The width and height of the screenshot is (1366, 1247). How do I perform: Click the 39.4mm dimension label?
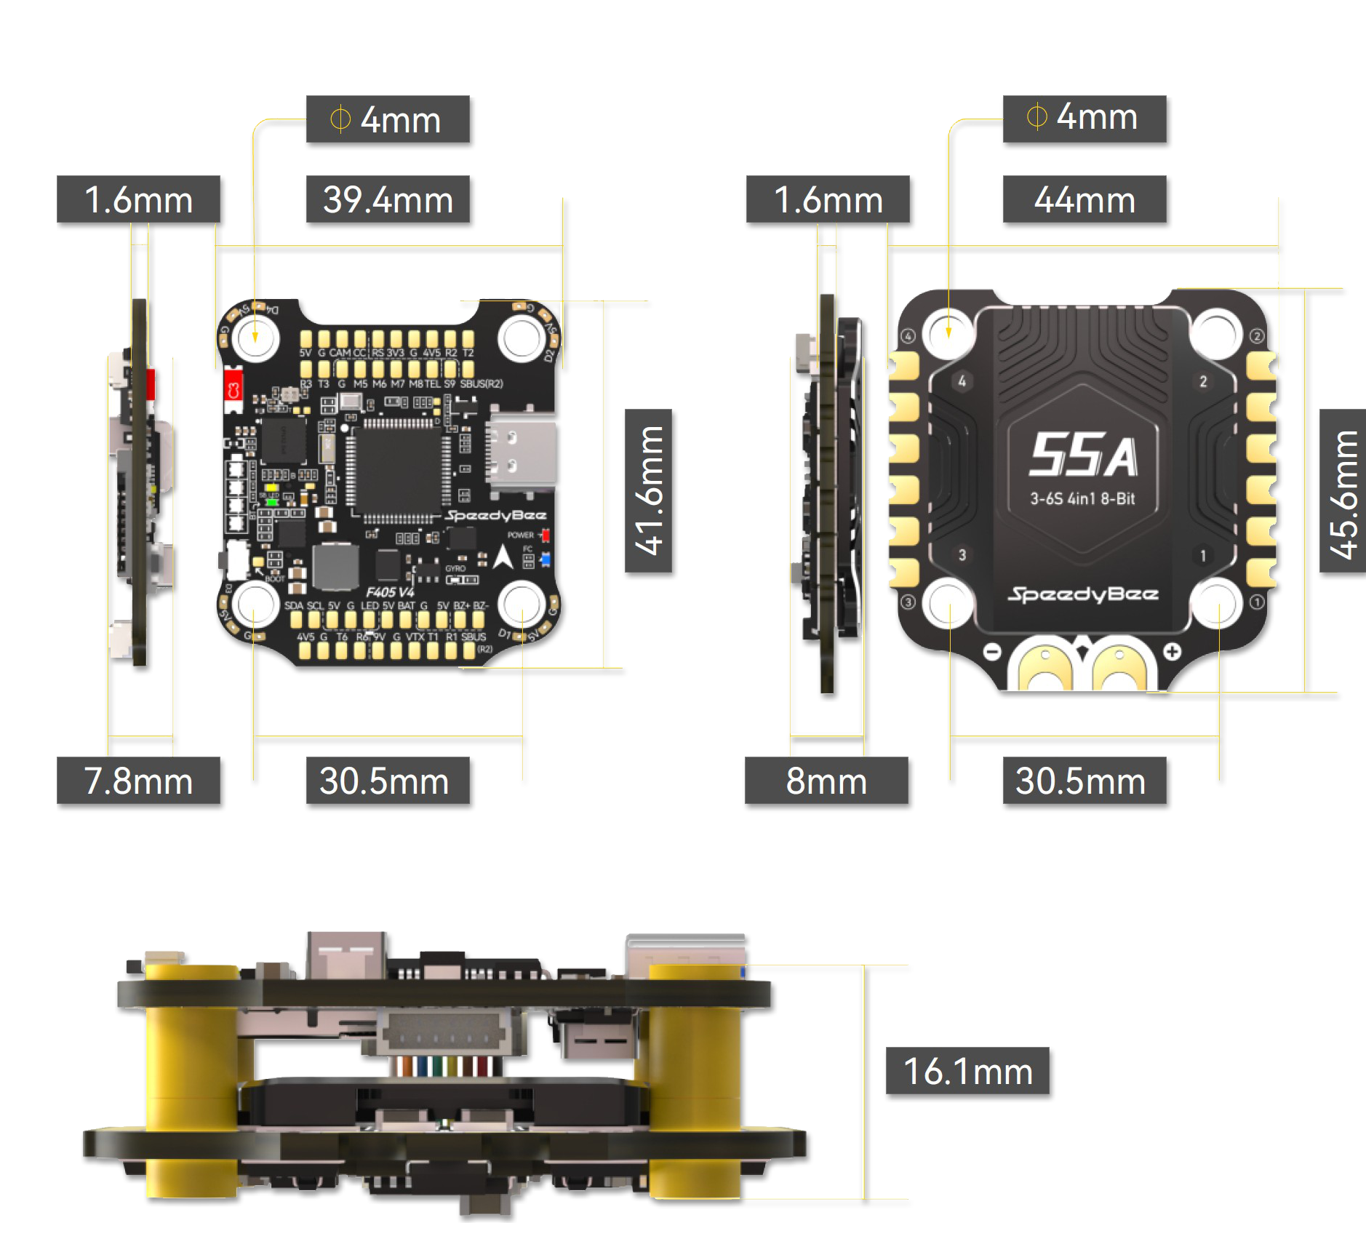(389, 201)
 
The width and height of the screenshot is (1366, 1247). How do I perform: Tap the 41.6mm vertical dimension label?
(650, 493)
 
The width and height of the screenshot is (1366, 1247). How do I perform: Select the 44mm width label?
(1085, 201)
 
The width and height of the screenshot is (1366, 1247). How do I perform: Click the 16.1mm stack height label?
(968, 1072)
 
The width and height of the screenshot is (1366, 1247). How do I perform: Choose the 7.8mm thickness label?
(140, 782)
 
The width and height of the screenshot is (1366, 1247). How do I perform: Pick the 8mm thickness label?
(827, 782)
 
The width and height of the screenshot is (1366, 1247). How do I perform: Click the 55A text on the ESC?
(1083, 455)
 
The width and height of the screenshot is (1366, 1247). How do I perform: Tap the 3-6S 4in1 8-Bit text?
(1082, 499)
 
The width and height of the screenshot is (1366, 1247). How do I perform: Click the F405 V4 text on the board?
(390, 592)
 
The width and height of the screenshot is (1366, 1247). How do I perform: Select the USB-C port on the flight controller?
(521, 451)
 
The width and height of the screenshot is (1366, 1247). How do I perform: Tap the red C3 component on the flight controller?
(233, 390)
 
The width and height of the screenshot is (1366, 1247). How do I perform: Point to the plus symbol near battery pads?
(1172, 652)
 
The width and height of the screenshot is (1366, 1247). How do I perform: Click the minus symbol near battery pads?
(993, 652)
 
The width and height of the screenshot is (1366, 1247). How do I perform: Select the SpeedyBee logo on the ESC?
(1083, 594)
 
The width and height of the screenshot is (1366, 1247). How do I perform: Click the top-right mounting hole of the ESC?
(1216, 333)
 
